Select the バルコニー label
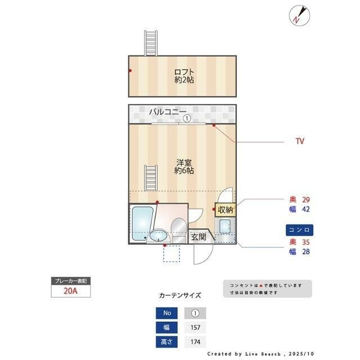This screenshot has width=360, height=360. pos(167,112)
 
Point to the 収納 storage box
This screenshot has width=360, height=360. pos(226,210)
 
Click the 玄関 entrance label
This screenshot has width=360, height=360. pos(198,237)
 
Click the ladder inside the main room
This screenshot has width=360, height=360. pos(150,179)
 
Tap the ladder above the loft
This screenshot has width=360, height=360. pos(150,42)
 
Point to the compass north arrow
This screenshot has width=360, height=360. pos(298,15)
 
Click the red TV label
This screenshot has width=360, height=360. pos(300,142)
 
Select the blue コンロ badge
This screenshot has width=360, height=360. pos(299,230)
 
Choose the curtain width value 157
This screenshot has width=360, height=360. pos(195,327)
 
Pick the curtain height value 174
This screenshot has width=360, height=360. pos(195,341)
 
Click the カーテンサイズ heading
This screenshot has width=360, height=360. pos(179,295)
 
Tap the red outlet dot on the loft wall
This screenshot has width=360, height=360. pos(130,71)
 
